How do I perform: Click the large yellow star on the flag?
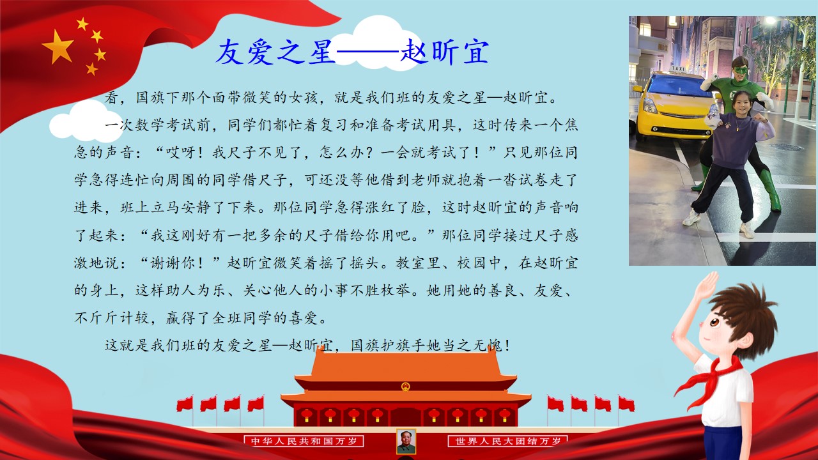coord(58,47)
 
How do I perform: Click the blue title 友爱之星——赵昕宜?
coord(352,52)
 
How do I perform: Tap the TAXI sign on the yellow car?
coord(678,68)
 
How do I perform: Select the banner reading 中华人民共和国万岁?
coord(304,441)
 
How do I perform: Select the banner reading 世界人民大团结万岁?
coord(507,441)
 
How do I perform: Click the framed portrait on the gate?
coord(406,441)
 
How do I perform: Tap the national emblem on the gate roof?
coord(405,387)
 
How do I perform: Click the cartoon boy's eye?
coord(714,323)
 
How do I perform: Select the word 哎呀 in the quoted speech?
coord(181,152)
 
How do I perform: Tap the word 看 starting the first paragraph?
coord(112,98)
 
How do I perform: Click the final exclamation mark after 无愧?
coord(507,346)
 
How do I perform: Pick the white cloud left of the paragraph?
coord(86,122)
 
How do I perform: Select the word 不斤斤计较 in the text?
coord(112,318)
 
